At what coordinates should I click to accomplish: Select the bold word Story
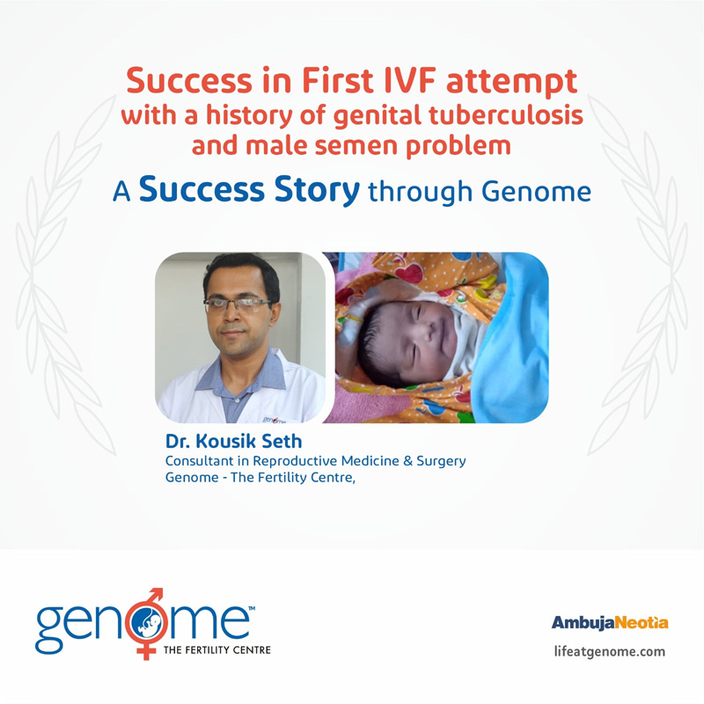(x=317, y=190)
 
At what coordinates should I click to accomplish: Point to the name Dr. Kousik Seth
(x=233, y=442)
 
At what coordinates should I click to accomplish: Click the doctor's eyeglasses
(x=237, y=304)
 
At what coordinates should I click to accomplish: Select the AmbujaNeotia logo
(x=610, y=623)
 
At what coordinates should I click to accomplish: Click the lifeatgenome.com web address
(x=609, y=651)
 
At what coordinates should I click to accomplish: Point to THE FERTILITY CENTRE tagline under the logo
(x=216, y=649)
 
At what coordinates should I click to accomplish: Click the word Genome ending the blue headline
(x=536, y=192)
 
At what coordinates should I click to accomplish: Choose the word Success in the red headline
(x=189, y=81)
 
